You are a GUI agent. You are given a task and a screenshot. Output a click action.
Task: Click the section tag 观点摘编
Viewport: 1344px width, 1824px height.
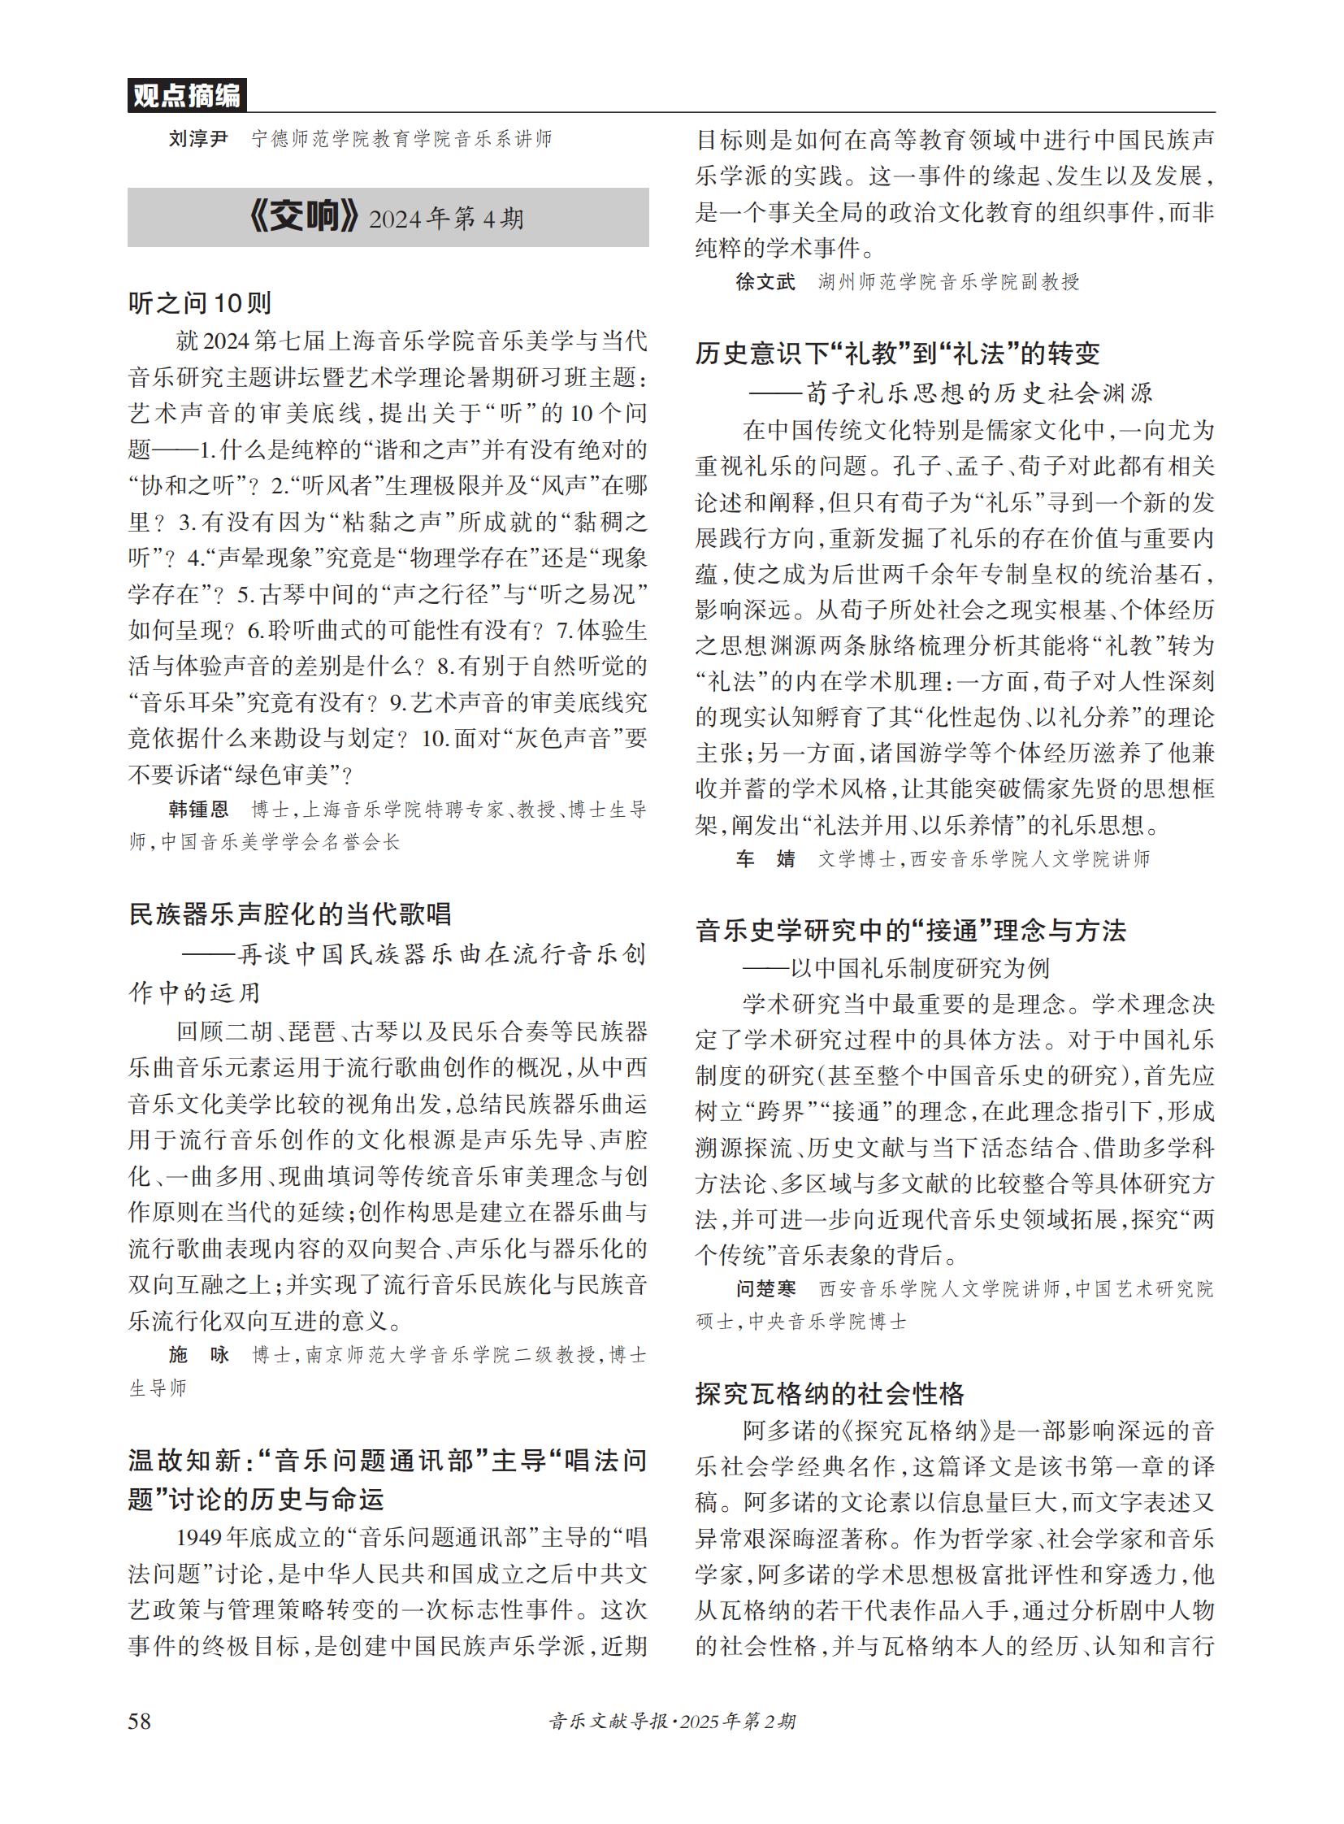coord(186,96)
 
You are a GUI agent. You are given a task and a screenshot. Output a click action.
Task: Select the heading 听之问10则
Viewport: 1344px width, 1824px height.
coord(200,303)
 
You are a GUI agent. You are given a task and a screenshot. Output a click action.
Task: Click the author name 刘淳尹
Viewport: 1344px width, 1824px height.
coord(197,139)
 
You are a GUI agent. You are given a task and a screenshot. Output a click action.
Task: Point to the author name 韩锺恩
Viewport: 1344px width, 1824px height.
coord(198,809)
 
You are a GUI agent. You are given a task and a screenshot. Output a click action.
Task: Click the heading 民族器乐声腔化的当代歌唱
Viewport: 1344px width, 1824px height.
coord(289,914)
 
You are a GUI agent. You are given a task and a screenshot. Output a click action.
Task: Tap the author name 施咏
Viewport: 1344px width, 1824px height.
coord(198,1354)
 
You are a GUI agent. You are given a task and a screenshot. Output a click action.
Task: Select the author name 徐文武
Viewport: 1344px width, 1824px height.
coord(765,281)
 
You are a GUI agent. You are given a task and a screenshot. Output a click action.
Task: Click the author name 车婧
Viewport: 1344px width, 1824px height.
coord(765,858)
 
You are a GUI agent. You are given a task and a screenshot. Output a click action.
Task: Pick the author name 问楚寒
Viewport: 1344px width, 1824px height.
coord(765,1288)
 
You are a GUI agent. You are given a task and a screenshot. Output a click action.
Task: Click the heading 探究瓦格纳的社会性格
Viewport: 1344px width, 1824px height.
coord(829,1394)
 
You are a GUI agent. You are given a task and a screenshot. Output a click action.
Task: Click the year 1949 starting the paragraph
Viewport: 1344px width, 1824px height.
coord(199,1538)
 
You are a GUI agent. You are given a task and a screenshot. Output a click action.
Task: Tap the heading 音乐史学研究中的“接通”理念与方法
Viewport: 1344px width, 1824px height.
coord(910,931)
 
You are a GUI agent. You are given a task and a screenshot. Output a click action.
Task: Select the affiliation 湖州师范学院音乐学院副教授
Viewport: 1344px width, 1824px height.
coord(948,281)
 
